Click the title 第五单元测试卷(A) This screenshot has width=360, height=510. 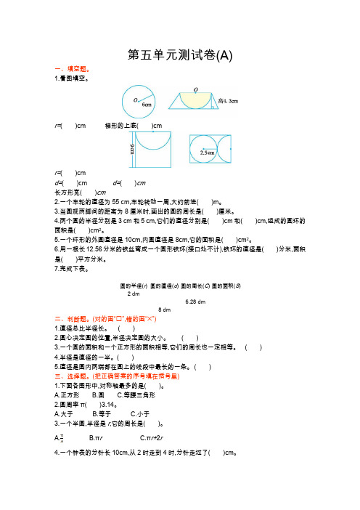[180, 54]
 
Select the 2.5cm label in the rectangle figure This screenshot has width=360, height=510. [207, 153]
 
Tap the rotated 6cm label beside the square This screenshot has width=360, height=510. [133, 150]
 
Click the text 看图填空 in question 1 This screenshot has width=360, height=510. [73, 77]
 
